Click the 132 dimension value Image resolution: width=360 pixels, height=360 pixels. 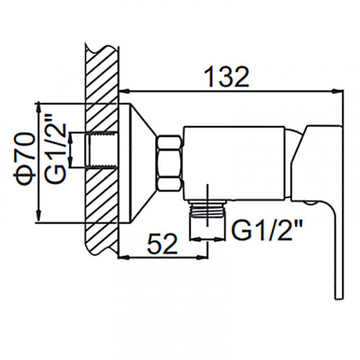click(227, 77)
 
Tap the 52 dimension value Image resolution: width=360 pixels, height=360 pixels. click(163, 244)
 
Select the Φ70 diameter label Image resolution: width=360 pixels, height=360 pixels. click(24, 159)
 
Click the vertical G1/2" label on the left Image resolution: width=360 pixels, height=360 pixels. click(55, 150)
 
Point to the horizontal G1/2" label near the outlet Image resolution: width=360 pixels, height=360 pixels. click(266, 230)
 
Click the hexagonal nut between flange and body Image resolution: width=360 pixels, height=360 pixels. click(169, 163)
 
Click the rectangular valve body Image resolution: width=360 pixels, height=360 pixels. click(234, 163)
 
